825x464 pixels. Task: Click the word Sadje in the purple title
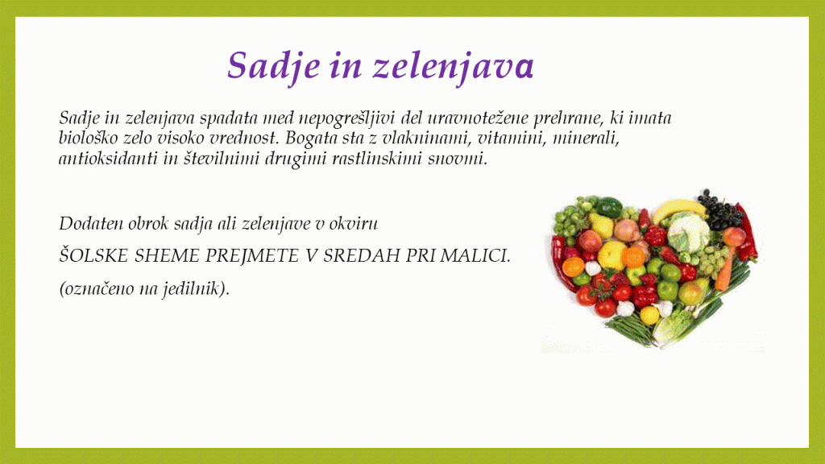click(x=274, y=66)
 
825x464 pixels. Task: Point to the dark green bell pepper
click(x=609, y=207)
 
